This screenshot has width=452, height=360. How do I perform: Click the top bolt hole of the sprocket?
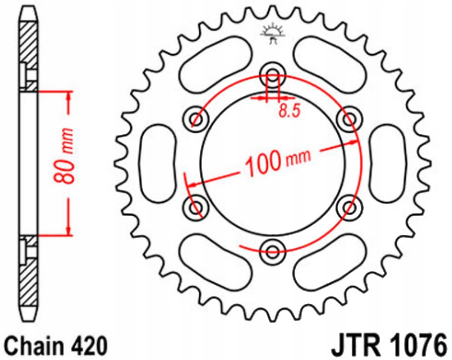273,74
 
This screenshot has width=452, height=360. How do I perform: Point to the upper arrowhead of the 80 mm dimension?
70,98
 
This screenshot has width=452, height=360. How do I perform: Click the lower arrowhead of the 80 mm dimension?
70,230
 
